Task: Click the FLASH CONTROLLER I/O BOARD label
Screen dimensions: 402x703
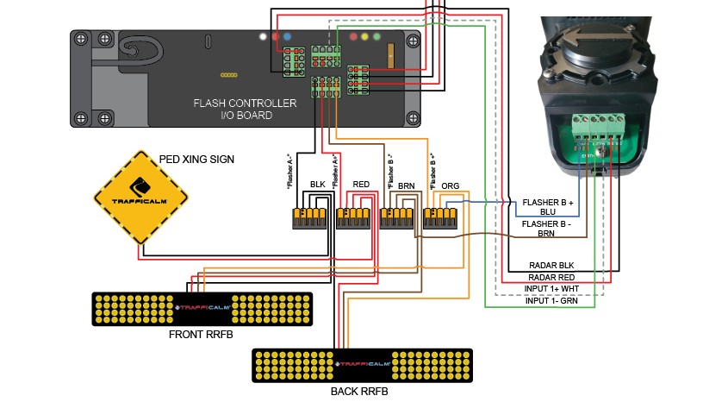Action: coord(245,109)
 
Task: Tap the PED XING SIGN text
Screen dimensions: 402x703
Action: coord(196,160)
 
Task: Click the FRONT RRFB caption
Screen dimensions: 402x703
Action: coord(202,333)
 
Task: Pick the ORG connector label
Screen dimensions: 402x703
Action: coord(450,185)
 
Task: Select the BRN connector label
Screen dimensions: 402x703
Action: coord(407,185)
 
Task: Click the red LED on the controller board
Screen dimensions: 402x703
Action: coord(275,38)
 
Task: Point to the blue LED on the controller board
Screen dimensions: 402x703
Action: coord(286,38)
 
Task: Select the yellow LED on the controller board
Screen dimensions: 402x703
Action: coord(366,38)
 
